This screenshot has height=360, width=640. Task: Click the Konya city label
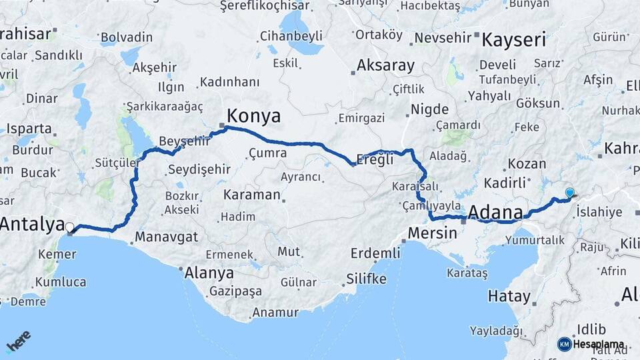tap(253, 116)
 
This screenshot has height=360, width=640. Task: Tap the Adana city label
tap(495, 212)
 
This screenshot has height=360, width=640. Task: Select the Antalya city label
tap(31, 224)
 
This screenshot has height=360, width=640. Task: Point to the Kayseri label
tap(513, 39)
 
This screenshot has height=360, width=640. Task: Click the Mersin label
tap(432, 233)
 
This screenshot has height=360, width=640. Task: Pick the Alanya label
tap(209, 273)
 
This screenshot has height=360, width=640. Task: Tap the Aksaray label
tap(385, 66)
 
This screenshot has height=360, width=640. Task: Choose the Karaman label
tap(251, 195)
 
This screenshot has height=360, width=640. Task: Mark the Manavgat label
tap(167, 237)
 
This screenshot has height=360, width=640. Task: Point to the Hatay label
tap(509, 296)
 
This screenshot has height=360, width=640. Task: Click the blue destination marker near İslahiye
tap(569, 193)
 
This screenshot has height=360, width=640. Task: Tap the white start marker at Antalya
tap(69, 227)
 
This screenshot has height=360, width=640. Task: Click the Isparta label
tap(29, 129)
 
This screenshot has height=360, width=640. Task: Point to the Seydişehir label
tap(199, 169)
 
